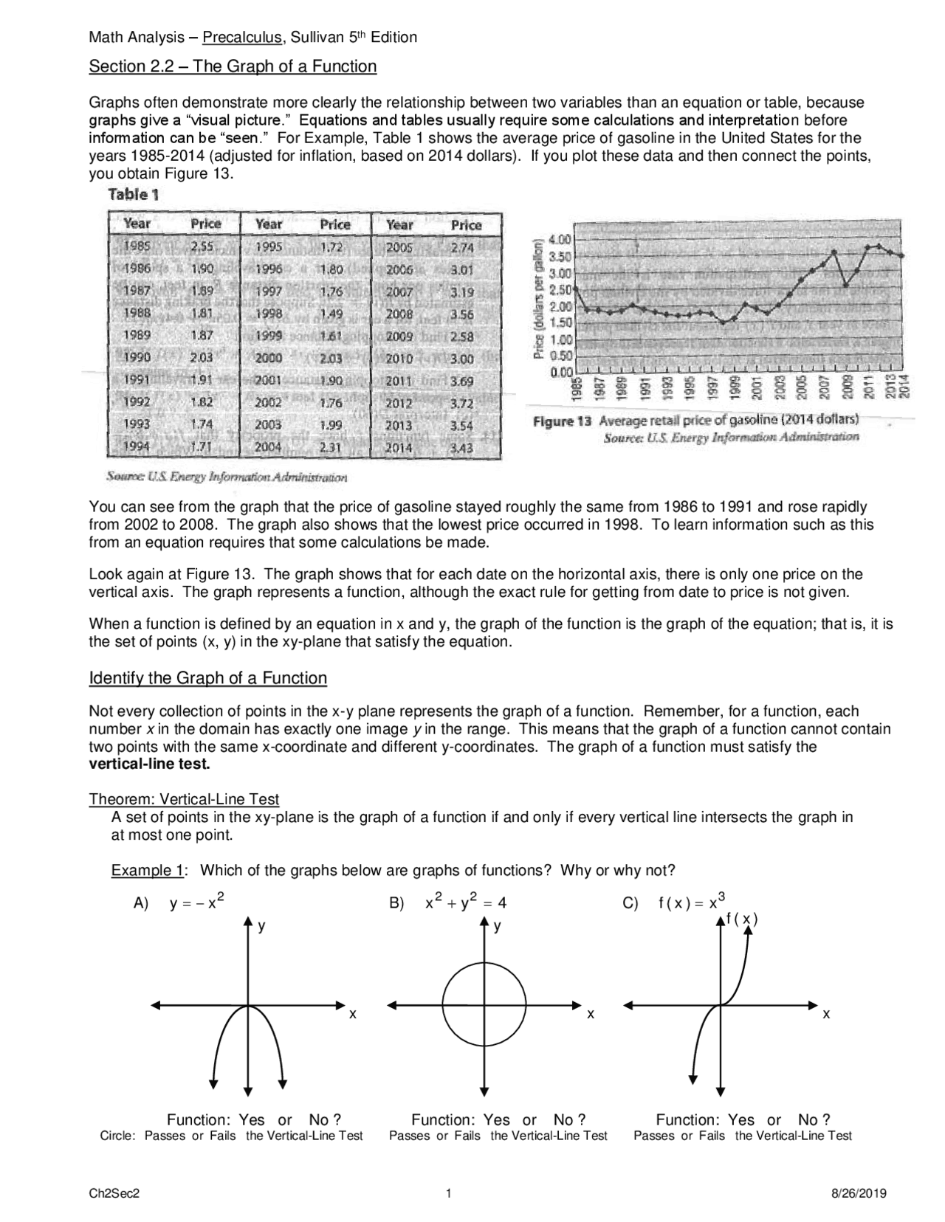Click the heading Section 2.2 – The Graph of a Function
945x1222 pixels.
coord(233,66)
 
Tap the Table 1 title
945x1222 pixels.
coord(134,195)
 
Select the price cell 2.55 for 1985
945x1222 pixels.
coord(202,247)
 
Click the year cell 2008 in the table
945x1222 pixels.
coord(399,314)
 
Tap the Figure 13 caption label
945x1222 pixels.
coord(563,421)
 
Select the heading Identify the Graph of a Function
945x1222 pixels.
coord(207,678)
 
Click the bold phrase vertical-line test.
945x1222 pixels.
coord(149,764)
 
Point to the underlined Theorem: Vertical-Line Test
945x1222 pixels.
coord(184,799)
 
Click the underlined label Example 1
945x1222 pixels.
coord(147,871)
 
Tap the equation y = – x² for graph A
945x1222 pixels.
coord(196,902)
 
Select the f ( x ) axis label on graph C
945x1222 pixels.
coord(742,919)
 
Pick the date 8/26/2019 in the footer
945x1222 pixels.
coord(859,1194)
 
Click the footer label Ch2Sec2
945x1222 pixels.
coord(114,1194)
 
